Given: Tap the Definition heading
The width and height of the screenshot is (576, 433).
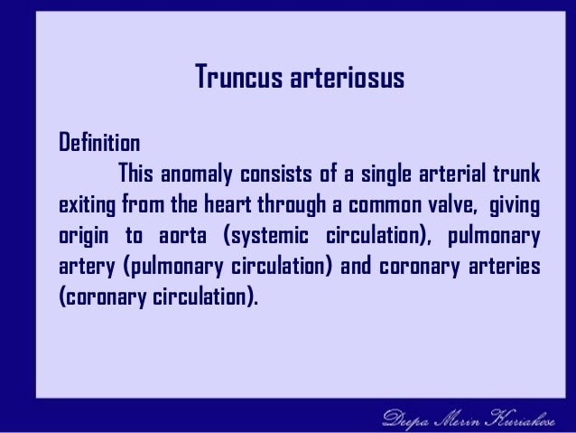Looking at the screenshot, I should point(98,144).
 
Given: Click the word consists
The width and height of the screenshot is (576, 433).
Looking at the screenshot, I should point(274,174).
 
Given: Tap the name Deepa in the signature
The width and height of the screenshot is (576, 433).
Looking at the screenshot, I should point(407,417).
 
